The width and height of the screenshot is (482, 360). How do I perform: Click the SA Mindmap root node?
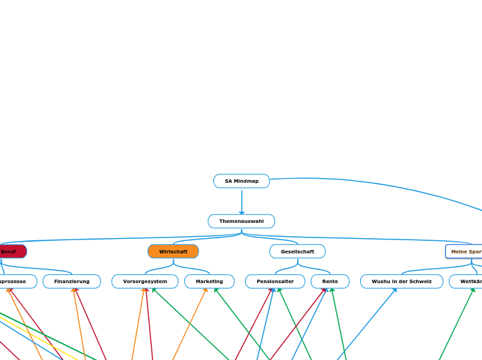coord(241,181)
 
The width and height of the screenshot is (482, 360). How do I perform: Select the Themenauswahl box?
coord(241,222)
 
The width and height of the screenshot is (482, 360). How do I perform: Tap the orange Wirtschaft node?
coord(173,251)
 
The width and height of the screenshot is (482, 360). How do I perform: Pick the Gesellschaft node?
coord(297,251)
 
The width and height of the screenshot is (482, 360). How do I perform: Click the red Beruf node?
coord(10,251)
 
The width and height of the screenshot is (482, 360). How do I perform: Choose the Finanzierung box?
coord(72,282)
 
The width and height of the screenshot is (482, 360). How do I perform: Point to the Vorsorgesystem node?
coord(145,282)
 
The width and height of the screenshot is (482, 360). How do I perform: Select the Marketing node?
coord(209,282)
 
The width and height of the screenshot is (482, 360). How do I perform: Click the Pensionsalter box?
coord(275,282)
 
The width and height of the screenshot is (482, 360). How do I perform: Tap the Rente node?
coord(330,282)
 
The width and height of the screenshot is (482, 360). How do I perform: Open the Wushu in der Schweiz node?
coord(402,282)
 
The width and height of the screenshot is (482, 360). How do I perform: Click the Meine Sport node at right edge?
coord(465,251)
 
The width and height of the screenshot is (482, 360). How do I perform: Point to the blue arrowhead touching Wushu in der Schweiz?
coord(395,290)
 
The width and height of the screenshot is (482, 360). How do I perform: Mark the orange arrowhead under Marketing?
coord(206,290)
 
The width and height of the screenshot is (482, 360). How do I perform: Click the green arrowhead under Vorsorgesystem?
coord(153,290)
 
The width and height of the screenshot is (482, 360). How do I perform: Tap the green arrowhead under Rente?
coord(332,290)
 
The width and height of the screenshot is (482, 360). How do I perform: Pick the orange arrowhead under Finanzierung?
coord(73,290)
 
